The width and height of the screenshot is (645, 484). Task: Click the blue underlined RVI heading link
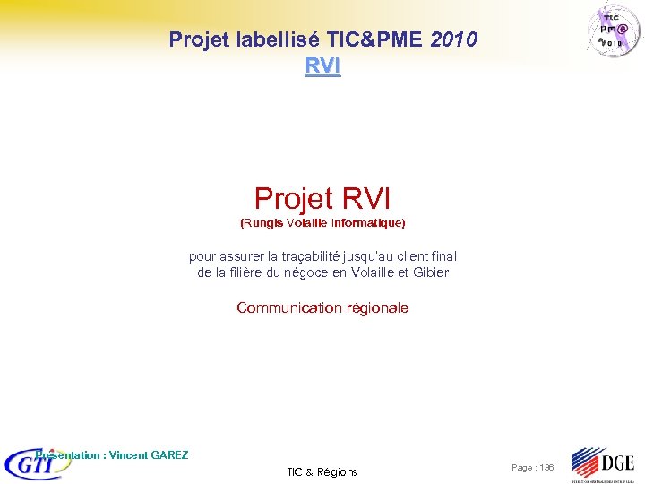[322, 65]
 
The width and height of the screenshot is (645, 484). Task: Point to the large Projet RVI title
[322, 198]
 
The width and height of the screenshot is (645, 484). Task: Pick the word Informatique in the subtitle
[368, 221]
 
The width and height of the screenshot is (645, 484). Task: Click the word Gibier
[429, 272]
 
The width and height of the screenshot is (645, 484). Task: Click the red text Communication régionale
[322, 307]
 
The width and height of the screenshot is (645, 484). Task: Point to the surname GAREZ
[168, 455]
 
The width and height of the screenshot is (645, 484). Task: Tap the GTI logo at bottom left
[36, 464]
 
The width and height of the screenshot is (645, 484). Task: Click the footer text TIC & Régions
[322, 471]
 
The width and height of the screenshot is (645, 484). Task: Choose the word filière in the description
[236, 272]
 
